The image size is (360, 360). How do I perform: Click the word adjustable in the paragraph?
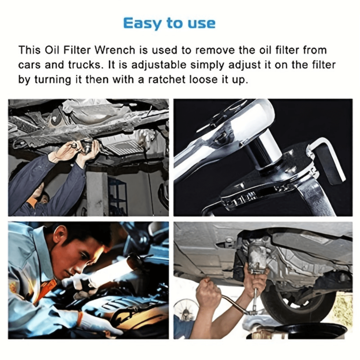click(x=163, y=65)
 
